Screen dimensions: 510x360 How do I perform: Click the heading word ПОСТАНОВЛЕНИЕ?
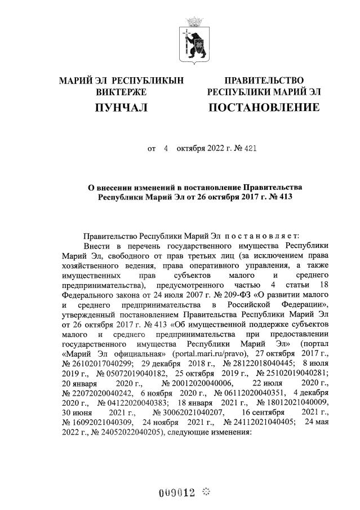(x=264, y=107)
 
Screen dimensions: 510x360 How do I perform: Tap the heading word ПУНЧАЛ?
(x=121, y=107)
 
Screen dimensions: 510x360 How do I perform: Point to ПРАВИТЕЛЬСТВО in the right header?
(x=264, y=81)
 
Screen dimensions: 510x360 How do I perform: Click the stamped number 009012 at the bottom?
(x=176, y=493)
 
